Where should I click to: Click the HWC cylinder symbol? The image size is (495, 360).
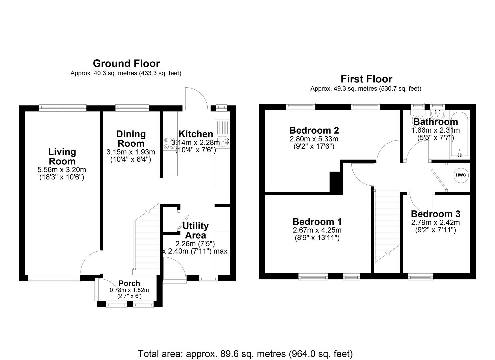pos(461,175)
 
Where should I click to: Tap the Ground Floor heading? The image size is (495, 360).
pos(126,63)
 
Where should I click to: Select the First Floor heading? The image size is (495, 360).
pos(366,79)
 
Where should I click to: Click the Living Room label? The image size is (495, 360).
pos(62,156)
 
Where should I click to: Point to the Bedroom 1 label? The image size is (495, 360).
pos(317,222)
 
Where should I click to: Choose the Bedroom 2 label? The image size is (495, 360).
pos(314,130)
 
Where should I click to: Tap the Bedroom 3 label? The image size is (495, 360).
pos(435,214)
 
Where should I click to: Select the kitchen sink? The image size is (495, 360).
pos(222,141)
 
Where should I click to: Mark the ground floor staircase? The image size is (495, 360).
pos(147,240)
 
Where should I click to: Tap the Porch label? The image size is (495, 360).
pos(129,283)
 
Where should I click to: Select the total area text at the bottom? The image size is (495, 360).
pos(245,353)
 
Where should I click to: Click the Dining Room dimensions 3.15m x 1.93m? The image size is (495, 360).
pos(131,152)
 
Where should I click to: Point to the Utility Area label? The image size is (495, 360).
pos(195,230)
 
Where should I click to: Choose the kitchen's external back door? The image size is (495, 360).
pos(197,97)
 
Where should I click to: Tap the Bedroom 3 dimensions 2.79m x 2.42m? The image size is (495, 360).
pos(435,222)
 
